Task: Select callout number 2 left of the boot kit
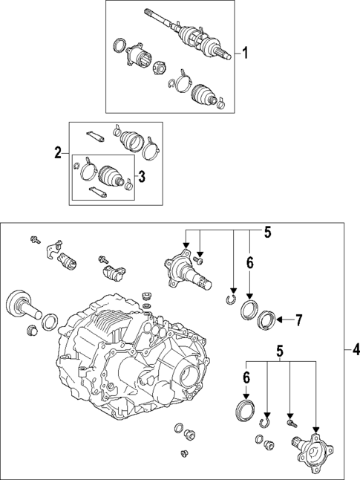(58, 154)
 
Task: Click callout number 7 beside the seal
(299, 321)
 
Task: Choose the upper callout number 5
(267, 232)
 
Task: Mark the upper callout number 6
(250, 262)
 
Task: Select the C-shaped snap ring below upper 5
(232, 300)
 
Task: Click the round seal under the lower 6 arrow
(244, 409)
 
